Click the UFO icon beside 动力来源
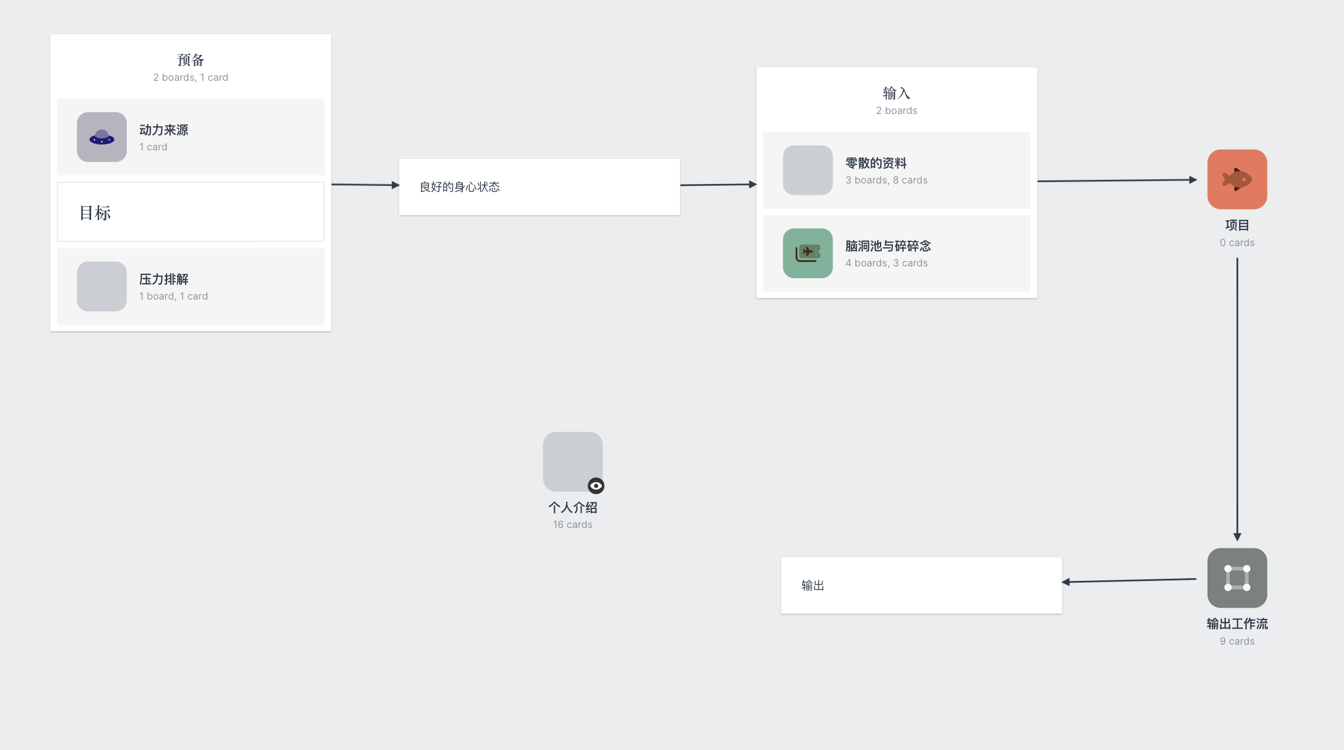click(x=102, y=137)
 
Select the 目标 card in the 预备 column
click(x=190, y=212)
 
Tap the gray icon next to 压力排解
click(x=102, y=286)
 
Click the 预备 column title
click(x=190, y=60)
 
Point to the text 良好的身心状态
click(x=460, y=187)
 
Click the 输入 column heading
click(x=896, y=93)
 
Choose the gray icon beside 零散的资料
click(x=808, y=170)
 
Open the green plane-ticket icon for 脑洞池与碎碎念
click(x=808, y=253)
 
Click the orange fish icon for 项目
click(x=1237, y=179)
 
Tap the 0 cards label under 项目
click(x=1237, y=243)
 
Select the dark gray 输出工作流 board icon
click(x=1237, y=578)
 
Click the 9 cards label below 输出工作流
click(x=1237, y=641)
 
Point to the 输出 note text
click(x=813, y=586)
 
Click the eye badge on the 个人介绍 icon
click(x=596, y=486)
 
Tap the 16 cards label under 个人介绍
click(x=572, y=525)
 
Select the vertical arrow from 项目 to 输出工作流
click(x=1237, y=400)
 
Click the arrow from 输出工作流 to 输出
click(x=1129, y=580)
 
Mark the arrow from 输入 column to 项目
click(x=1117, y=180)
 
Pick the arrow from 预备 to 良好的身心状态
click(x=365, y=185)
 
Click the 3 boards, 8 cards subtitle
click(x=887, y=180)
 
